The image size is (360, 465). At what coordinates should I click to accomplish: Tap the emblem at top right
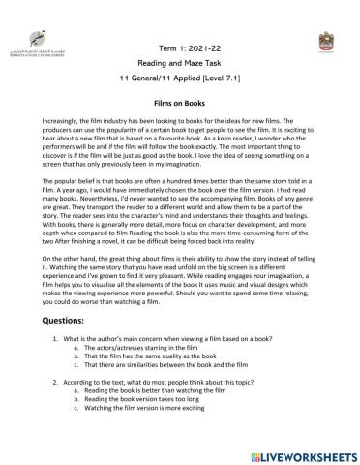(324, 43)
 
